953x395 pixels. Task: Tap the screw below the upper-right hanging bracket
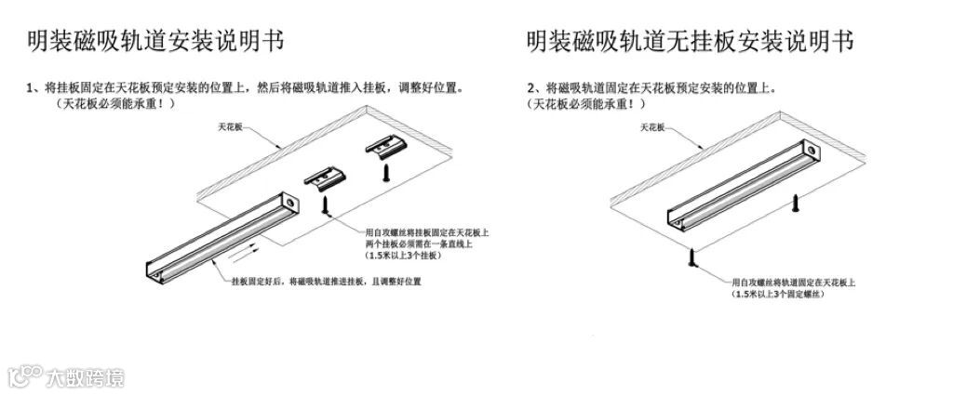point(382,174)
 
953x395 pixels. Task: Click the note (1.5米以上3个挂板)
point(403,255)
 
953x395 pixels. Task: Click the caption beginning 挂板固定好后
point(326,281)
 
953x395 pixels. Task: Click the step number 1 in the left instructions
point(31,88)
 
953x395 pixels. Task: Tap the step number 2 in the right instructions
point(531,88)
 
